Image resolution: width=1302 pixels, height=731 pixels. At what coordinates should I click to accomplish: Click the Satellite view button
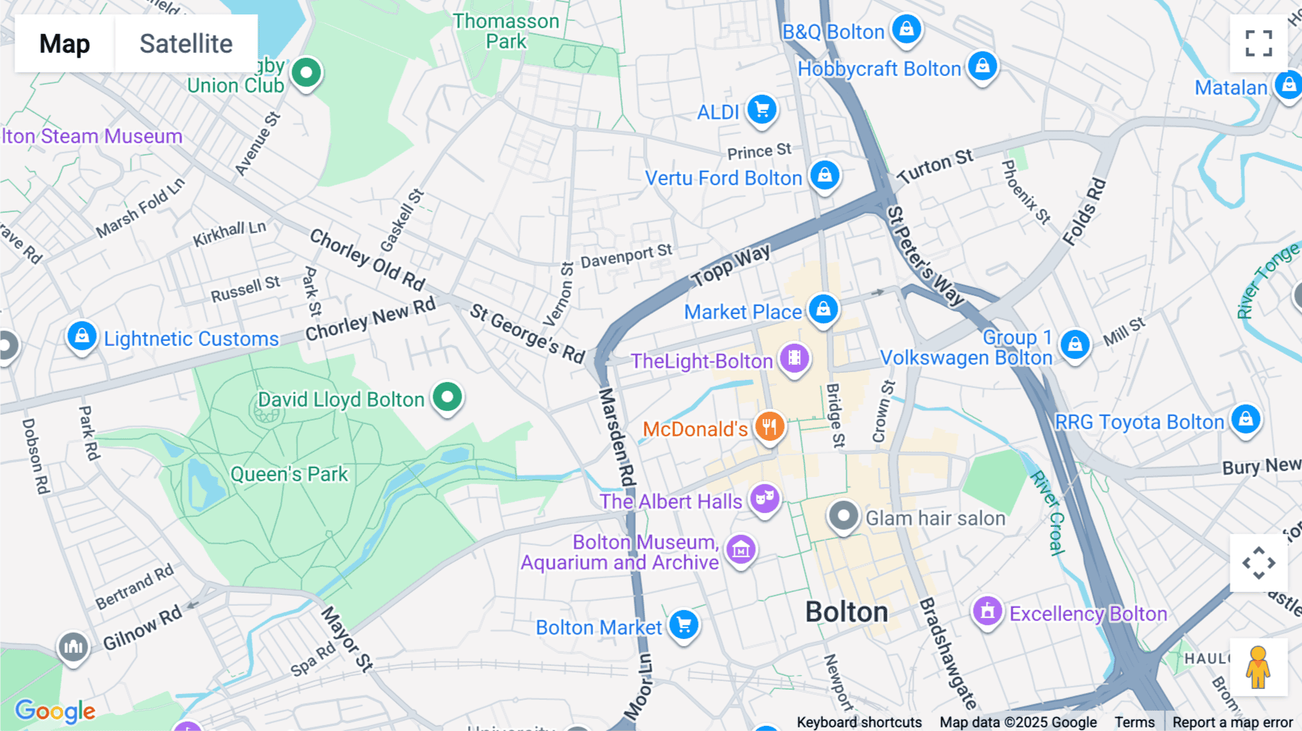[186, 43]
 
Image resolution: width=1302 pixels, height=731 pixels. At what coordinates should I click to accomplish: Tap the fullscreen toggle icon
[1259, 43]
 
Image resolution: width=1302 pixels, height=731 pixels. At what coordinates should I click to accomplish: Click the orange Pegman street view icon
[1258, 667]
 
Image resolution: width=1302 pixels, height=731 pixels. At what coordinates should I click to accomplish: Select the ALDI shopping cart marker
[762, 110]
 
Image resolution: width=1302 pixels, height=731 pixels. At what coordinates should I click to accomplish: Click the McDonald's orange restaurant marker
[770, 427]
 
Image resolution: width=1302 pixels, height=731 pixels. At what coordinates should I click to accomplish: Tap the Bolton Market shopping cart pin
[684, 625]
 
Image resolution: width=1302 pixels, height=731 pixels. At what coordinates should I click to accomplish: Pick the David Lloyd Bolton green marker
[448, 397]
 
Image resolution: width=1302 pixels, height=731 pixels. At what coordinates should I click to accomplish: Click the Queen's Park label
[289, 474]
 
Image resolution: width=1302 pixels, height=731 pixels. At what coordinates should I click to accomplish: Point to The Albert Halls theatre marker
[765, 499]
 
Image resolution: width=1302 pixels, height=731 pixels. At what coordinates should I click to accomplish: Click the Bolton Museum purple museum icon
[741, 550]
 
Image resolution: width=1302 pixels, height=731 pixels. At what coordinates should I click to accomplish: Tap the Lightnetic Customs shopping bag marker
[82, 337]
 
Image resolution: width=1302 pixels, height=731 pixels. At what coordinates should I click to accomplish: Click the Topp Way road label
[731, 266]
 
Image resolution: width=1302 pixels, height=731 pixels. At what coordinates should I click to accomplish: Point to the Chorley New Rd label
[370, 319]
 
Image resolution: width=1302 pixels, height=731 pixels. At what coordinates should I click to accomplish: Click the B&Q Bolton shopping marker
[906, 30]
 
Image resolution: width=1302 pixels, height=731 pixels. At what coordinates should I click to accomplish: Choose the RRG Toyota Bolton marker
[1246, 419]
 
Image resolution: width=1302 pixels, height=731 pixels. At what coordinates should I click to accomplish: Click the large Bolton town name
[846, 612]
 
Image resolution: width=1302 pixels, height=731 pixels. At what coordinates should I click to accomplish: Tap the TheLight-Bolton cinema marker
[794, 358]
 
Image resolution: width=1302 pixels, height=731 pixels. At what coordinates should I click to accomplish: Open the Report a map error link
[1233, 722]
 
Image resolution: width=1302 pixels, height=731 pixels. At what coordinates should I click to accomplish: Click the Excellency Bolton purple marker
[987, 612]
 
